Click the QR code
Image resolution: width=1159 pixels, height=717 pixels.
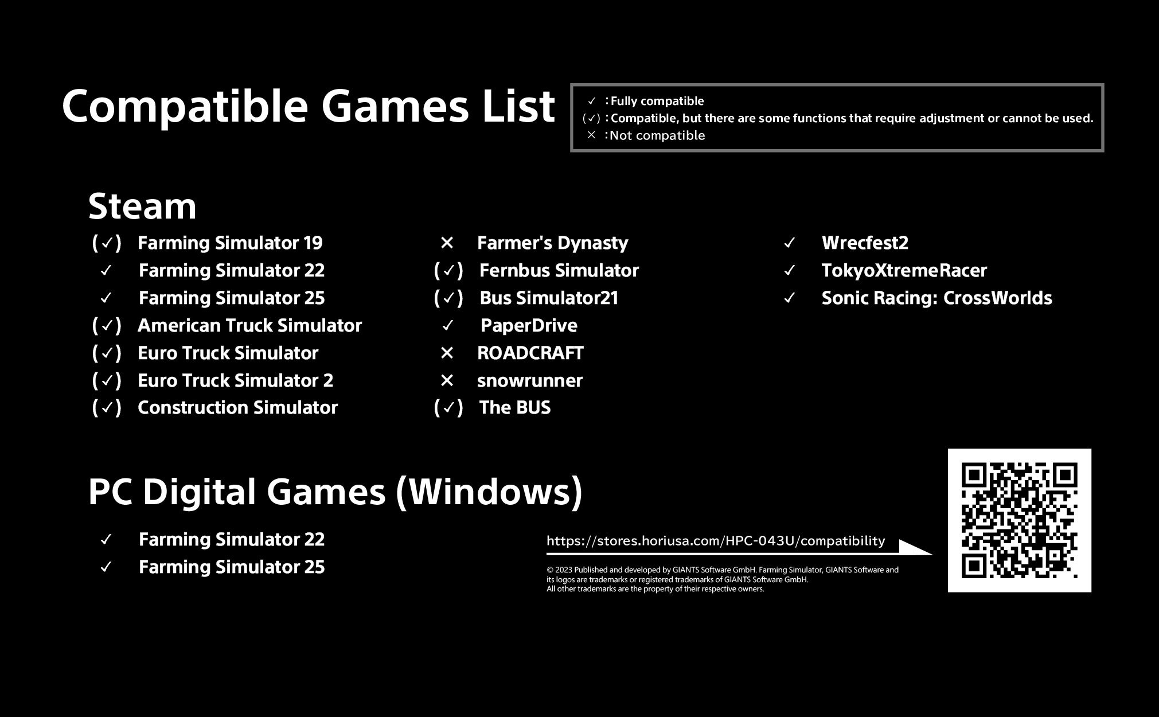pyautogui.click(x=1019, y=520)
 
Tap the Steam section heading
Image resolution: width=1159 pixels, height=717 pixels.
pyautogui.click(x=142, y=206)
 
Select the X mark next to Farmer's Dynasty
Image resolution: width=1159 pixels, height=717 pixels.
pyautogui.click(x=447, y=243)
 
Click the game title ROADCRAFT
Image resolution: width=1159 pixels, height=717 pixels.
pyautogui.click(x=530, y=353)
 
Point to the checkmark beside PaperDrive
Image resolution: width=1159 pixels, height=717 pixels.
pyautogui.click(x=448, y=326)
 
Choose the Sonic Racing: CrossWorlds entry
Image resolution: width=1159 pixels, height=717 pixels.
pyautogui.click(x=936, y=298)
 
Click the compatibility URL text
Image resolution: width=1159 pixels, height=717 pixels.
pyautogui.click(x=716, y=541)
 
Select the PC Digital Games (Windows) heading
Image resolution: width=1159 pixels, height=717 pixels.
pyautogui.click(x=335, y=492)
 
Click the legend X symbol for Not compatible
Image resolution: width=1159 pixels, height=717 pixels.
pyautogui.click(x=591, y=135)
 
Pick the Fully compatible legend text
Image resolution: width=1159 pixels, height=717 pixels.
pyautogui.click(x=657, y=102)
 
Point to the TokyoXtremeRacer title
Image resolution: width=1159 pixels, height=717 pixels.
pyautogui.click(x=904, y=271)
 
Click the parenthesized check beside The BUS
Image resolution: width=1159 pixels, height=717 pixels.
pyautogui.click(x=448, y=408)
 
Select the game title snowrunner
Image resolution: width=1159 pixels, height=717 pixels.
pyautogui.click(x=529, y=381)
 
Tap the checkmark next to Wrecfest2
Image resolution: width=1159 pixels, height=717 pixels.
pyautogui.click(x=790, y=243)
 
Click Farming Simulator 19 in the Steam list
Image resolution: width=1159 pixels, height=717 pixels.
pyautogui.click(x=230, y=243)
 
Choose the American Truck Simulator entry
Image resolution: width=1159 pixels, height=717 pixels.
pyautogui.click(x=249, y=326)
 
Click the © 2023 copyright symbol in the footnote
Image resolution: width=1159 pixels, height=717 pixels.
pyautogui.click(x=549, y=570)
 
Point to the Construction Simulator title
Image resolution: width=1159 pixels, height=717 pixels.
pyautogui.click(x=237, y=408)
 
